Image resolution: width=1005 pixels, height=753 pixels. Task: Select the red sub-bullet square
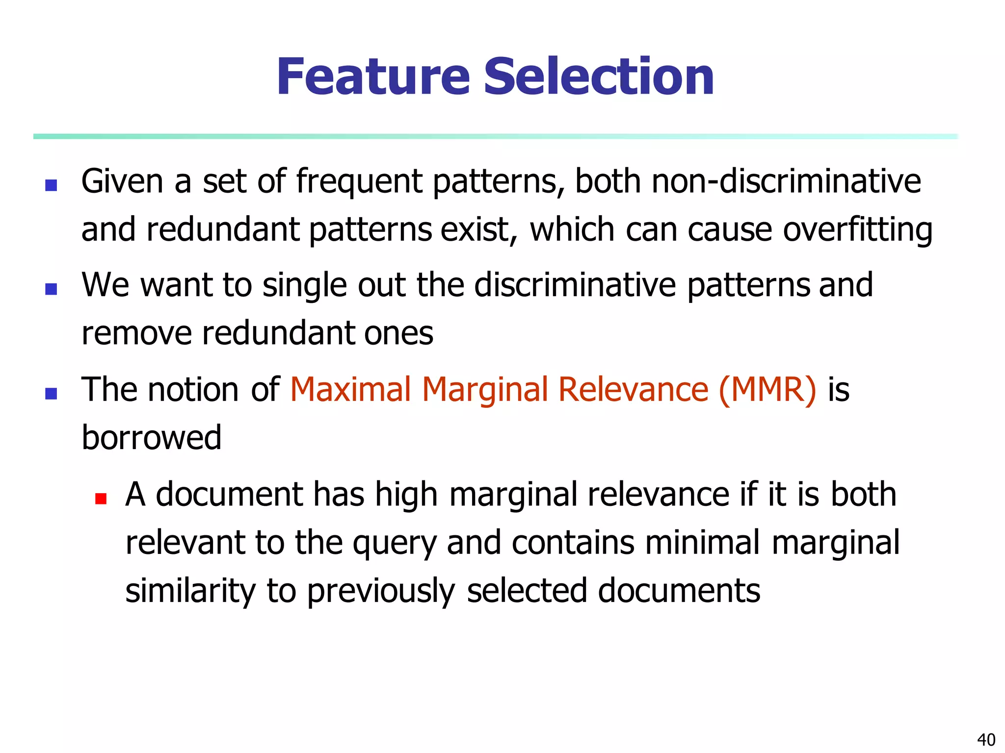tap(101, 499)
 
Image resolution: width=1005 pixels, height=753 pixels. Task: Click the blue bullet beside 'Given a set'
tap(51, 185)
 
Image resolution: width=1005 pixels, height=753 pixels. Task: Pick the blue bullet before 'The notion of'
tap(51, 394)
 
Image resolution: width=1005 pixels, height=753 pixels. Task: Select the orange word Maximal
tap(350, 389)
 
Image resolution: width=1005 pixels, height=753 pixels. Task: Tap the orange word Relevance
tap(634, 389)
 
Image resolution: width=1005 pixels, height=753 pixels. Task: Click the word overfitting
tap(857, 230)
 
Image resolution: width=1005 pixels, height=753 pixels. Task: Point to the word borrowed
tap(152, 437)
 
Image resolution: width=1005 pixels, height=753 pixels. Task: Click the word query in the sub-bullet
tap(394, 543)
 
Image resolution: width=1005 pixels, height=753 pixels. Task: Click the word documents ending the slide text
tap(679, 590)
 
